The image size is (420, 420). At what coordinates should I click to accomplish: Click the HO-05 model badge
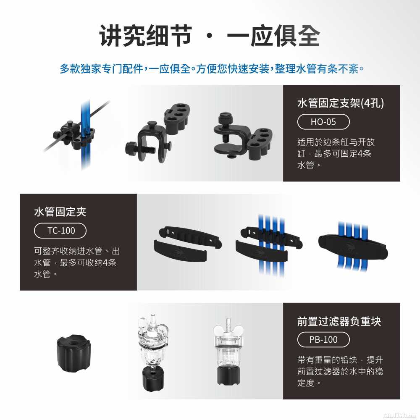point(323,122)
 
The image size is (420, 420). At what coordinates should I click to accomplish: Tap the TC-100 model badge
point(60,231)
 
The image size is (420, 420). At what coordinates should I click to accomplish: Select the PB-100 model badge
point(323,340)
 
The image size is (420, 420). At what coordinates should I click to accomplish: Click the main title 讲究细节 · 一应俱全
point(210,36)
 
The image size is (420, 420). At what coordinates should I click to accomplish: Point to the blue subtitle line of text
point(212,69)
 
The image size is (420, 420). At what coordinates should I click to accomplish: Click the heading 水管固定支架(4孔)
point(341,103)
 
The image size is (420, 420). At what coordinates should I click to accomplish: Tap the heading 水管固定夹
point(60,212)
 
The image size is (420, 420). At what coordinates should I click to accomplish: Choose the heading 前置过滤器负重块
point(339,321)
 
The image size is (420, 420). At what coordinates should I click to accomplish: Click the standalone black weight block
point(74,353)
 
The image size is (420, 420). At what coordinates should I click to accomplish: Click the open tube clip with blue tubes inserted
point(269,245)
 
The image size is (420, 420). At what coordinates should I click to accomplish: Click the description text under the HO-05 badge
point(336,153)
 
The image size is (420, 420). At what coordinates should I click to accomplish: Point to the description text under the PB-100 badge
point(340,371)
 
